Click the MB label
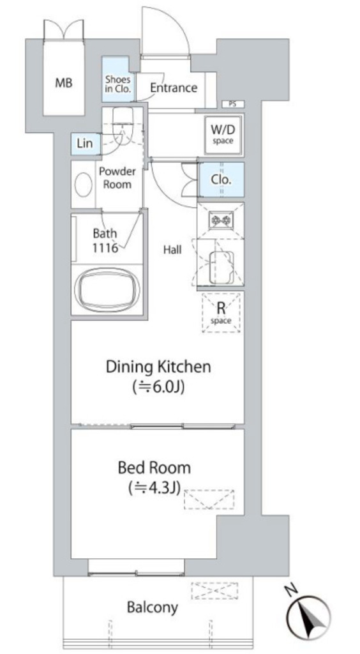coord(64,82)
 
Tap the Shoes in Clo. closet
coord(118,79)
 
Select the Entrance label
coord(174,88)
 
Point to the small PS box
coord(232,104)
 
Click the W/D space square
coord(223,134)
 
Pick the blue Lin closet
coord(86,144)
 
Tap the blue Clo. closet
coord(221,179)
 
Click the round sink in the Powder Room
coord(84,185)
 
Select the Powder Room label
coord(117,178)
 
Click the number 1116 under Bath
coord(105,247)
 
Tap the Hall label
coord(172,250)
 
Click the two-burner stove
coord(220,220)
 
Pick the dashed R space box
coord(221,313)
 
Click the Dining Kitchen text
coord(158,367)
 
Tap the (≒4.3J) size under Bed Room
coord(154,487)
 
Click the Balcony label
coord(153,607)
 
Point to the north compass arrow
coord(309,617)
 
